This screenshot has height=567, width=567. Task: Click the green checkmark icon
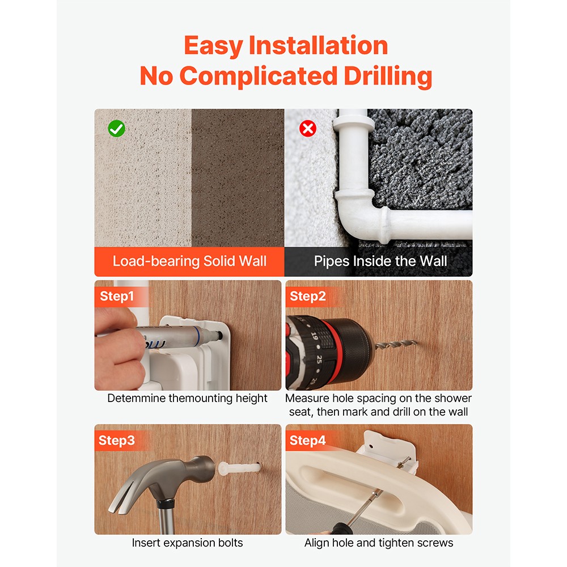(116, 129)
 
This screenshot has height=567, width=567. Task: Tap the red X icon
(308, 128)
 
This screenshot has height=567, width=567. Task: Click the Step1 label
(117, 296)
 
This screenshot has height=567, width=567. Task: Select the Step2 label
(308, 296)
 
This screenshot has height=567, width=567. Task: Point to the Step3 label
(116, 441)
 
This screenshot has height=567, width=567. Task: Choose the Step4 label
(307, 441)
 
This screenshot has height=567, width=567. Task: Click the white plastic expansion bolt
(239, 469)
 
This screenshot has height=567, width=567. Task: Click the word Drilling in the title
(388, 77)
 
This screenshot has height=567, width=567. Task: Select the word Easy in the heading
(213, 46)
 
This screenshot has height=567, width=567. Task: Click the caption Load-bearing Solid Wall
(189, 261)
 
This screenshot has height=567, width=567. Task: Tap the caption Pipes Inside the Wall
(380, 261)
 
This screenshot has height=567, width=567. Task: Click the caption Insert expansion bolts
(187, 543)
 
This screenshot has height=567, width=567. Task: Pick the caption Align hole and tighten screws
(379, 543)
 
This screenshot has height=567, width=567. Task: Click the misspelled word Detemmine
(136, 398)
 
